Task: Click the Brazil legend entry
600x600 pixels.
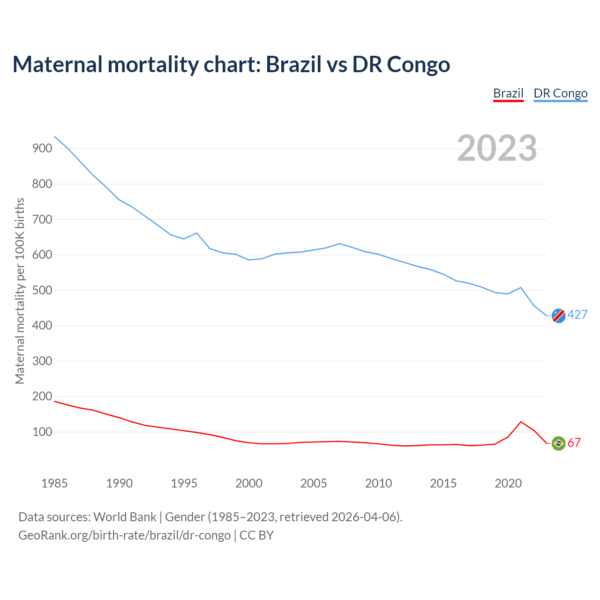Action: (508, 93)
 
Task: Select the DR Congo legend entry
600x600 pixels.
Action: (560, 93)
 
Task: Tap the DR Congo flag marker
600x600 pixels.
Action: (558, 316)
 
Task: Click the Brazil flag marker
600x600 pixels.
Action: (558, 443)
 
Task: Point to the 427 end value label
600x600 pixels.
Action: (577, 315)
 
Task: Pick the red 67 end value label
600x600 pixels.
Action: (574, 442)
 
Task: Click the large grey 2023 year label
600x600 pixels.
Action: (497, 148)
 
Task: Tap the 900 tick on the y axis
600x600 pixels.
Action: (42, 149)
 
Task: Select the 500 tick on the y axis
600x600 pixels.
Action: (42, 290)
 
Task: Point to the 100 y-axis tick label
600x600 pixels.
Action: (42, 432)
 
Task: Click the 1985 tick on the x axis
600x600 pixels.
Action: (54, 483)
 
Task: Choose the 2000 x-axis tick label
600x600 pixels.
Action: (249, 483)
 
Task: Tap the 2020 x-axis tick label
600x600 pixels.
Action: (508, 483)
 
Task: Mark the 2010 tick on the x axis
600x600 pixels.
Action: (378, 483)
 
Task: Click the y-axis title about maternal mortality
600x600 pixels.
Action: (20, 291)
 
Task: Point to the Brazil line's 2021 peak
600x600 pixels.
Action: (521, 422)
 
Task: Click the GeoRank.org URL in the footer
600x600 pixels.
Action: (124, 535)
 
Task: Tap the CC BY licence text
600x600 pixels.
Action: (256, 535)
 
